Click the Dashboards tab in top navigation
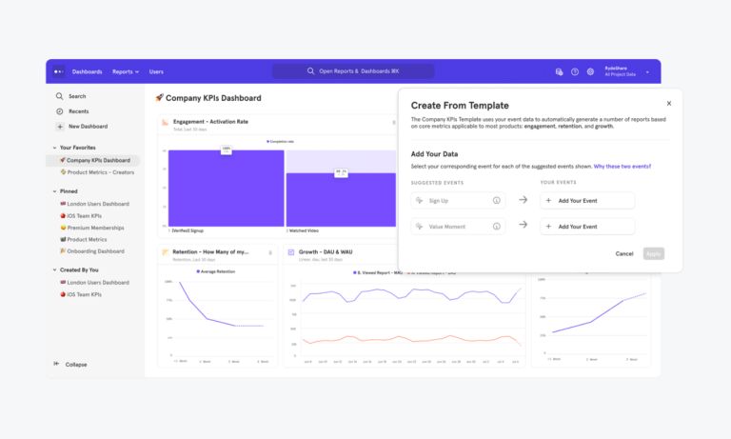click(x=87, y=71)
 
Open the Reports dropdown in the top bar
click(x=125, y=71)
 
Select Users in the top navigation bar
click(x=156, y=71)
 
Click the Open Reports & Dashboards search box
click(x=353, y=71)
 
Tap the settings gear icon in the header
click(x=590, y=71)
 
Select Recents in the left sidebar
click(x=78, y=111)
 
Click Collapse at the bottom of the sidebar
click(x=75, y=365)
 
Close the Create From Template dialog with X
click(x=668, y=104)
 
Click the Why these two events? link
click(x=622, y=166)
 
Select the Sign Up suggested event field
click(x=458, y=200)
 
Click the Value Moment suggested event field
click(x=458, y=226)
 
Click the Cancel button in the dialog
click(x=624, y=253)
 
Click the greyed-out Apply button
click(x=653, y=253)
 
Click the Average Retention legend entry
click(x=220, y=271)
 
